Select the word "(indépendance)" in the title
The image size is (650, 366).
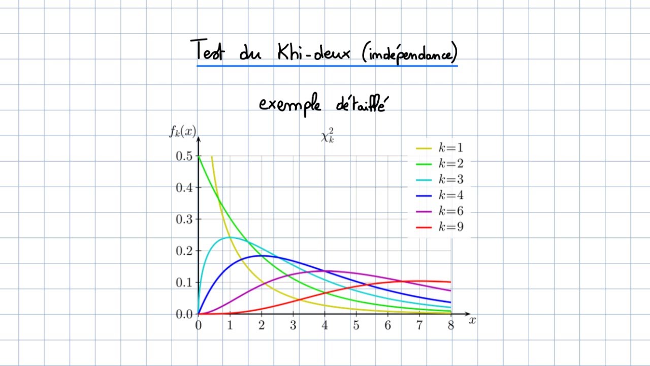pos(410,52)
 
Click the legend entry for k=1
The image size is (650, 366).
pos(440,148)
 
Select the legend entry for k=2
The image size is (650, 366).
pos(440,164)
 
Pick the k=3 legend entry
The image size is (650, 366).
pos(440,179)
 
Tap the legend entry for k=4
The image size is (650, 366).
pos(440,195)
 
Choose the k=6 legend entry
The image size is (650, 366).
pos(440,211)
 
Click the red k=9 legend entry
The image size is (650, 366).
pos(440,227)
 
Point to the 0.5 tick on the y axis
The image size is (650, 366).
pos(184,156)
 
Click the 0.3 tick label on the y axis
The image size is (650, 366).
pos(184,219)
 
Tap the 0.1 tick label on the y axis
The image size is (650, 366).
pos(184,283)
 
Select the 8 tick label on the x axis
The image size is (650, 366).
pos(451,325)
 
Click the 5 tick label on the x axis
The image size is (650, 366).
pos(356,325)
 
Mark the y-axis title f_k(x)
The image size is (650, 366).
pos(182,132)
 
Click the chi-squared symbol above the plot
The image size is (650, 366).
pos(328,136)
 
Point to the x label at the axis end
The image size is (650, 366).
pos(472,320)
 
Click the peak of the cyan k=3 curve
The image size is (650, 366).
pos(229,237)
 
